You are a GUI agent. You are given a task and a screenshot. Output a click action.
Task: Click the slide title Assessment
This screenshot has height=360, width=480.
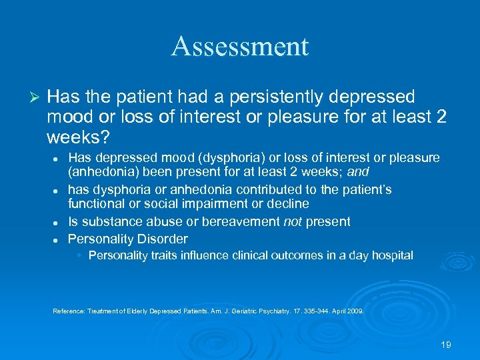[x=240, y=46]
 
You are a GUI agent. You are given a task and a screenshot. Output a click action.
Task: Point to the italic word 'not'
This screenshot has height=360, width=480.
[x=293, y=221]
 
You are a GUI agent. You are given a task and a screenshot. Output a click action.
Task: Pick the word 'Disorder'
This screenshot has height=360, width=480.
[x=163, y=239]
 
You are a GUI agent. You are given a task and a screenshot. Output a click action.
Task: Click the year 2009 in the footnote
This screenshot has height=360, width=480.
[x=356, y=311]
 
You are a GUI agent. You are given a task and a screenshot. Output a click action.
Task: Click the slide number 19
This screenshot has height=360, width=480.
[x=446, y=345]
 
